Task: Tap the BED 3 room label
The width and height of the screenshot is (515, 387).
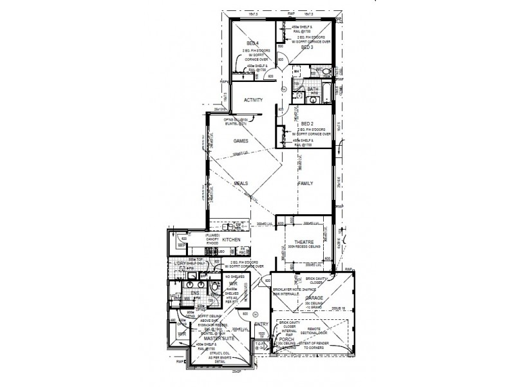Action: click(306, 47)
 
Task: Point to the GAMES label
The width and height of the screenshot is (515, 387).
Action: click(241, 140)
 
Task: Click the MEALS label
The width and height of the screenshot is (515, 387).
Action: click(241, 183)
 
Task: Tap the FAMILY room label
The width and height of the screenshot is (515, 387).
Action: click(305, 183)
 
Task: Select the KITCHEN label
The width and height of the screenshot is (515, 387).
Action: click(231, 239)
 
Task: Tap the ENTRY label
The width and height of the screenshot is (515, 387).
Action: click(261, 324)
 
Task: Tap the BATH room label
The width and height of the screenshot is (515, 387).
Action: click(313, 90)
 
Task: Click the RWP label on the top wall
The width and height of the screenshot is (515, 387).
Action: click(291, 14)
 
